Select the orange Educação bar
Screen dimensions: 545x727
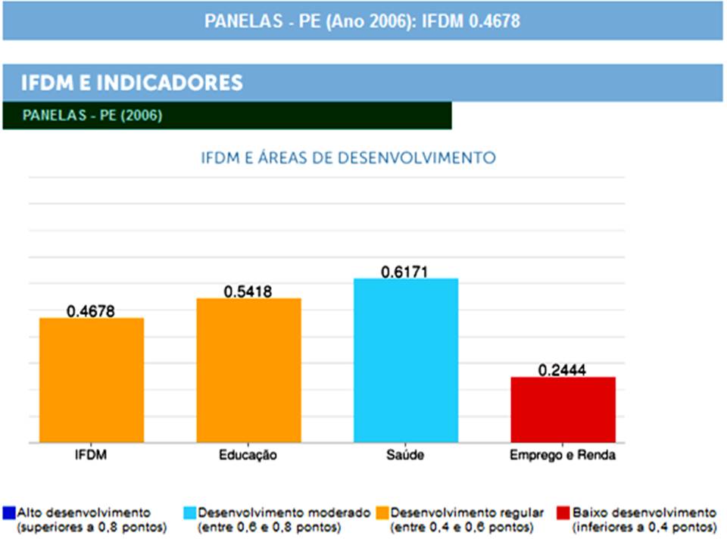pyautogui.click(x=248, y=370)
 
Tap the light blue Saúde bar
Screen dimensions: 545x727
pyautogui.click(x=406, y=360)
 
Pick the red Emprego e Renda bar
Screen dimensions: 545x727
pyautogui.click(x=563, y=410)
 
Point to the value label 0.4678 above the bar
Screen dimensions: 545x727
pyautogui.click(x=91, y=310)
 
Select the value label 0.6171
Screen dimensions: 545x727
pyautogui.click(x=405, y=271)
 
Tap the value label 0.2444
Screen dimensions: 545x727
pyautogui.click(x=563, y=370)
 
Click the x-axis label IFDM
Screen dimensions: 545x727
pyautogui.click(x=91, y=456)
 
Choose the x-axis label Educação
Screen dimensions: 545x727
pyautogui.click(x=248, y=456)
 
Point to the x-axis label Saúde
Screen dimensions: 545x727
pyautogui.click(x=405, y=456)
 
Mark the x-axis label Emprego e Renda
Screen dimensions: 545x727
pyautogui.click(x=563, y=456)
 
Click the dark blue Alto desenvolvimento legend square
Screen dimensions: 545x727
pyautogui.click(x=9, y=513)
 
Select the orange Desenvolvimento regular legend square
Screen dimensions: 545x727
pyautogui.click(x=382, y=513)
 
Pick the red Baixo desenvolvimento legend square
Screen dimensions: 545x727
pyautogui.click(x=562, y=513)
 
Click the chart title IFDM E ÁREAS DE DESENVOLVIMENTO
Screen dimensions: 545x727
pyautogui.click(x=348, y=158)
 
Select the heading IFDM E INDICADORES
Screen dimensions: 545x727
pyautogui.click(x=132, y=83)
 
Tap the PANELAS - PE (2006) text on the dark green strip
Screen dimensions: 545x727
pyautogui.click(x=92, y=116)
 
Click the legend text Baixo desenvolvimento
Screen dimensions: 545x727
pyautogui.click(x=644, y=512)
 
